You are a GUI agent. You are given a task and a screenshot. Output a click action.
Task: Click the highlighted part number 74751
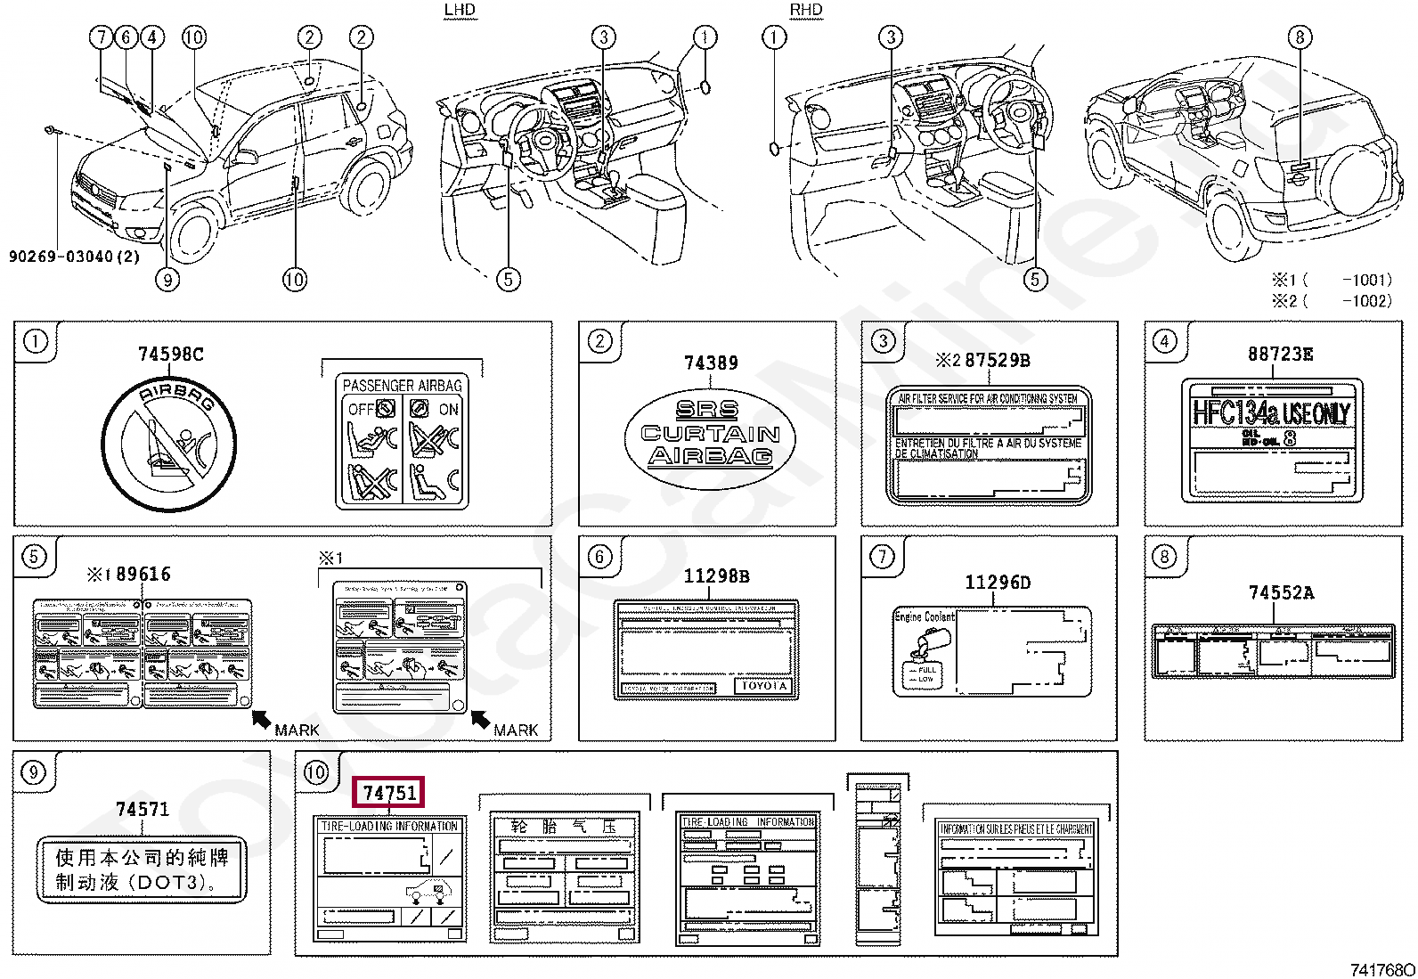point(389,792)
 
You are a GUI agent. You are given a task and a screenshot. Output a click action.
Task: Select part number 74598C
point(170,355)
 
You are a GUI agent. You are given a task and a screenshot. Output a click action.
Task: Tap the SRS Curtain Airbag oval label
point(710,433)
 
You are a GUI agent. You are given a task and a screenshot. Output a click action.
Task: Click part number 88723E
point(1280,355)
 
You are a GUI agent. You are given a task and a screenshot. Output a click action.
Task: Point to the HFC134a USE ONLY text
point(1271,413)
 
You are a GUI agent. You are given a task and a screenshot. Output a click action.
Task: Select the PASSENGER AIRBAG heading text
point(403,386)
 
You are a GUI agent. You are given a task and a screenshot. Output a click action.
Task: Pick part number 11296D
point(998,583)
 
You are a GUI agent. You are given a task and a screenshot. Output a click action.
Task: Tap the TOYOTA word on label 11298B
point(764,686)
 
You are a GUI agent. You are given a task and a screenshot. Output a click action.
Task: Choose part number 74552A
point(1281,593)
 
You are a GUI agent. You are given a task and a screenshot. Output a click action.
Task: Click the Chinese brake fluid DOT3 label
point(142,870)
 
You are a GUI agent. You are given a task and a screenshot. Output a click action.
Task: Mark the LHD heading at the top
point(460,10)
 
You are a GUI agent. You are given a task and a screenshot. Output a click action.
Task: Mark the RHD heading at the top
point(806,10)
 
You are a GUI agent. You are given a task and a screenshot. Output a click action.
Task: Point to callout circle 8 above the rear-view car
point(1300,37)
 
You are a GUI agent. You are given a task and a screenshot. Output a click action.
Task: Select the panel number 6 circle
point(599,557)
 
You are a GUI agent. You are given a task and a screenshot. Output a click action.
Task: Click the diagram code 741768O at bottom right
point(1381,970)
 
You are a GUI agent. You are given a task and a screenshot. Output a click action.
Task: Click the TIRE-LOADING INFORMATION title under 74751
point(390,827)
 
